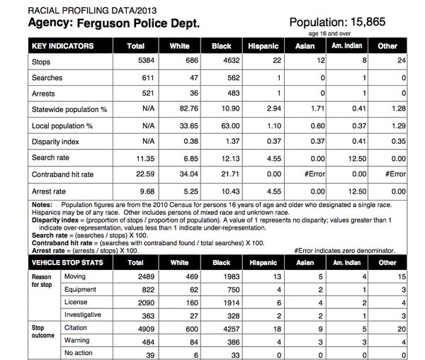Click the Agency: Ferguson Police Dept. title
pos(113,23)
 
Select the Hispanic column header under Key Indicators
pos(263,46)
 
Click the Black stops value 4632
pos(222,62)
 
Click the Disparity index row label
pos(55,141)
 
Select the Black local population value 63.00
pos(222,125)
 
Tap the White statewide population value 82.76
pos(180,110)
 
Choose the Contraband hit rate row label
pos(63,174)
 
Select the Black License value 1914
pos(222,302)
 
